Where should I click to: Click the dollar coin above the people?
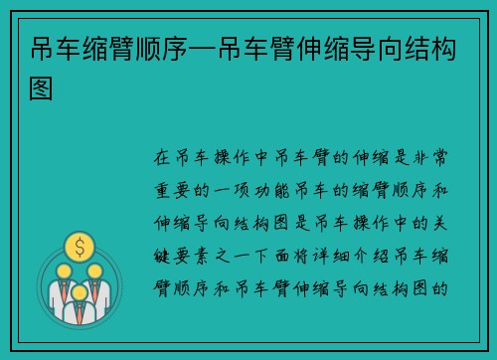(x=79, y=244)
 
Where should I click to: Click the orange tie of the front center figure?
(x=79, y=308)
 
